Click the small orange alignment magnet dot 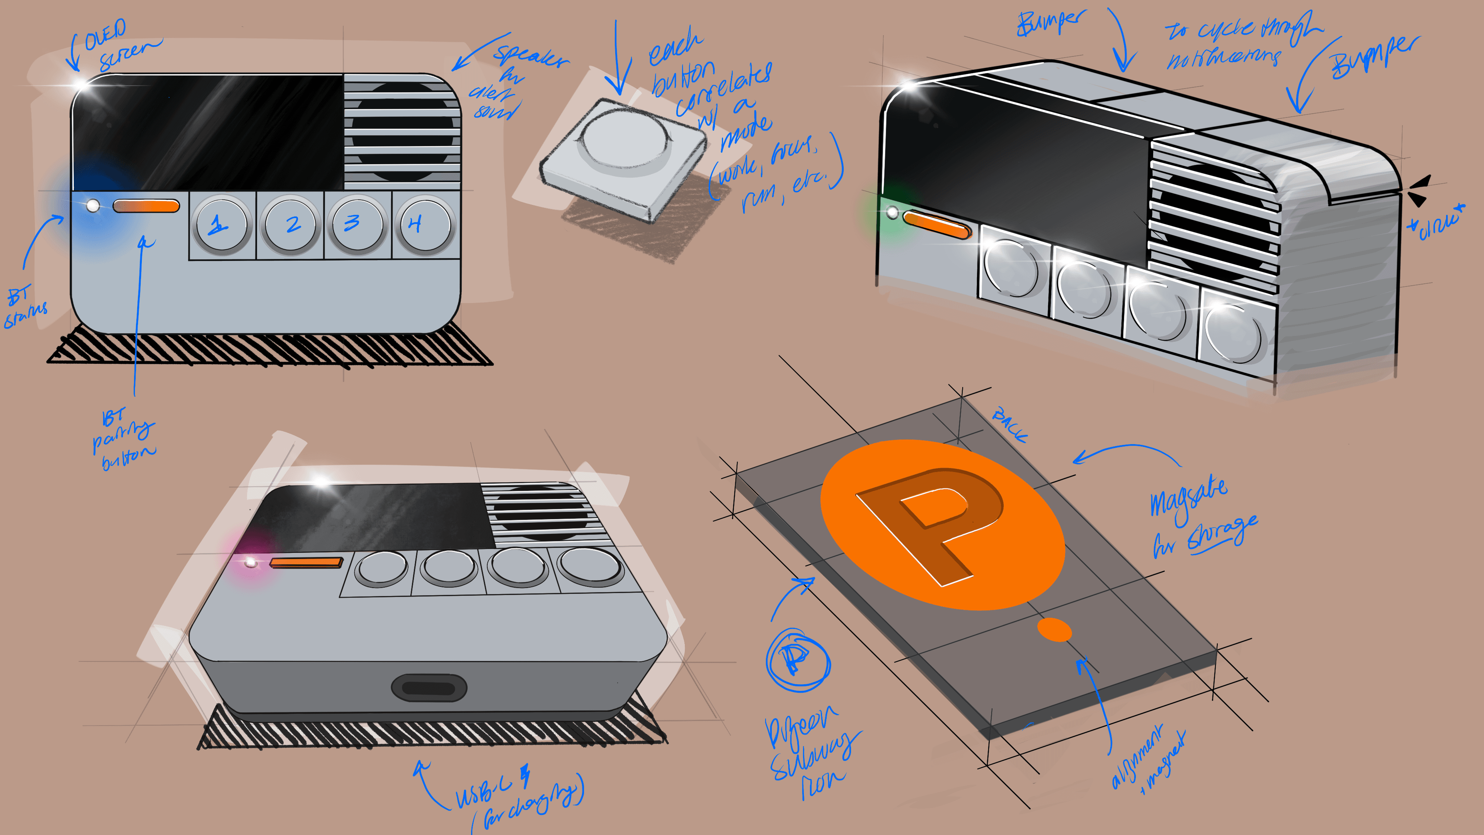[x=1054, y=629]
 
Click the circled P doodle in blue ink [x=798, y=660]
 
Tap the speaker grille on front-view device [x=402, y=131]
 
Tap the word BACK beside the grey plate [x=1009, y=425]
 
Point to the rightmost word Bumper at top [x=1374, y=58]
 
